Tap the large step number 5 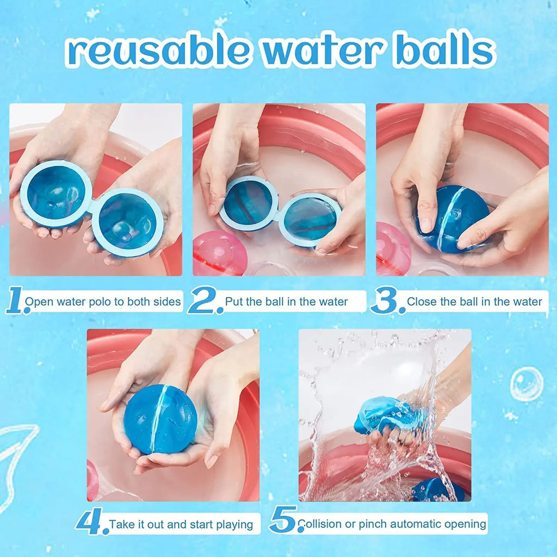283,520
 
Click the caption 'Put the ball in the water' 286,302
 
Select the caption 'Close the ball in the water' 474,302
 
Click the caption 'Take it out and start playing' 181,525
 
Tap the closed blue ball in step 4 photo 160,419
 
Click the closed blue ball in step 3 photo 453,219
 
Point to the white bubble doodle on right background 526,384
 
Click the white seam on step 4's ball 158,419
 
